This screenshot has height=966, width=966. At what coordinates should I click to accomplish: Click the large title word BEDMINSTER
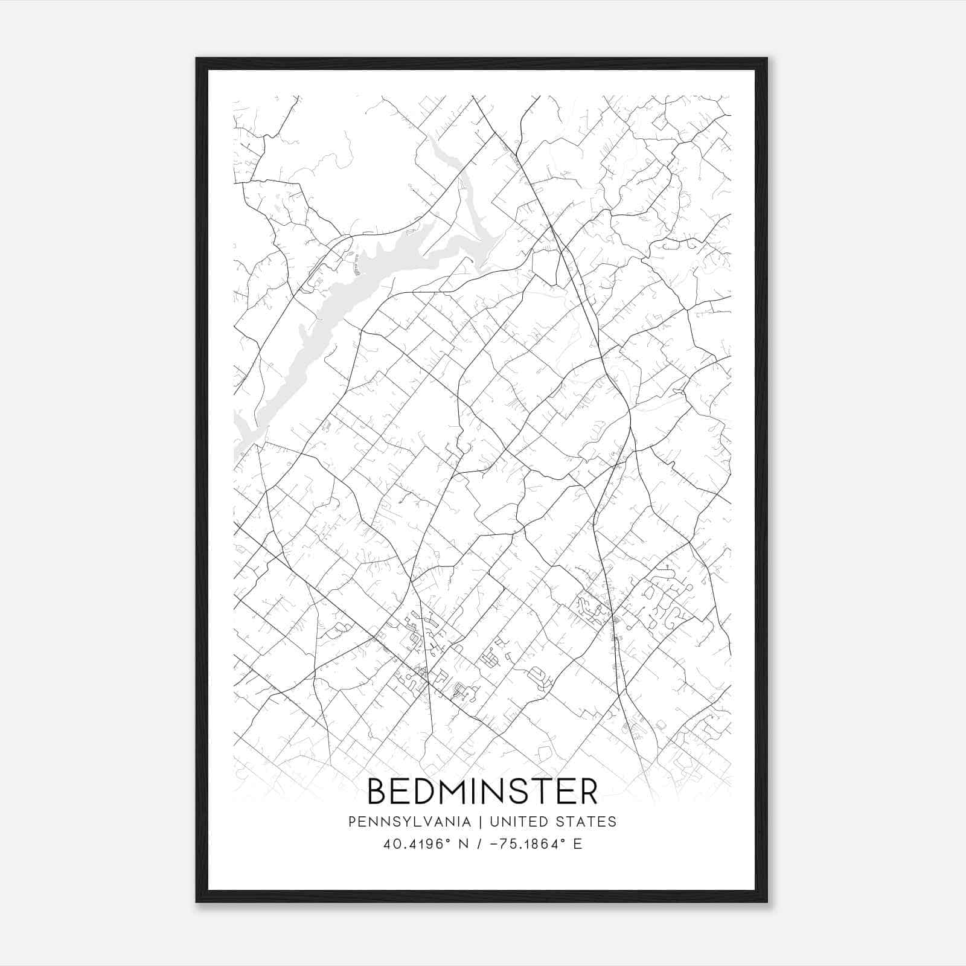(482, 792)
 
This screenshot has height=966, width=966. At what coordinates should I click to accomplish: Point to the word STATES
(587, 822)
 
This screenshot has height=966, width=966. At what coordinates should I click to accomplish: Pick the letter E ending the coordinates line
(578, 844)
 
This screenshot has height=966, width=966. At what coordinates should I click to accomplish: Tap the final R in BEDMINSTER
(587, 792)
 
